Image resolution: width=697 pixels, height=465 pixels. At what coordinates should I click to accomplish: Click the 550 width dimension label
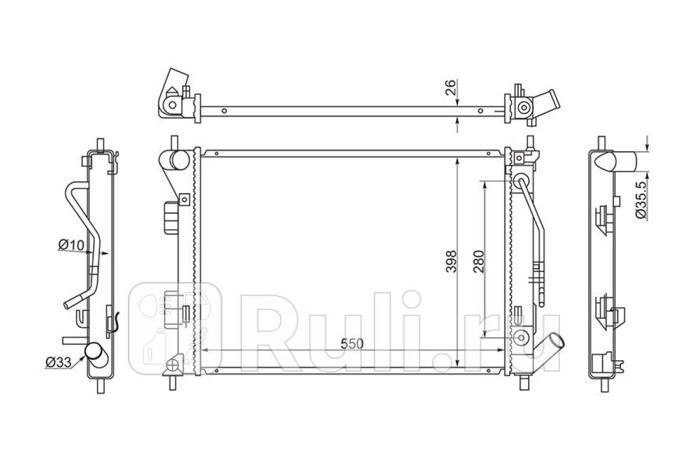coord(352,344)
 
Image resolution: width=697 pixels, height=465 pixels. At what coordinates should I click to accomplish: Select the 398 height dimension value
coord(451,262)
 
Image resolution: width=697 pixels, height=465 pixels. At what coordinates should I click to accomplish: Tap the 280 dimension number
coord(479,262)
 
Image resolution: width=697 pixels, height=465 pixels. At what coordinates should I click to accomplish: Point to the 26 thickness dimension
coord(451,87)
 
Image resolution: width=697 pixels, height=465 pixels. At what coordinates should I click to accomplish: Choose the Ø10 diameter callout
coord(71,245)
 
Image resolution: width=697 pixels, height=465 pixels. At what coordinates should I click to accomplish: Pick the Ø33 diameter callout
coord(59,362)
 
